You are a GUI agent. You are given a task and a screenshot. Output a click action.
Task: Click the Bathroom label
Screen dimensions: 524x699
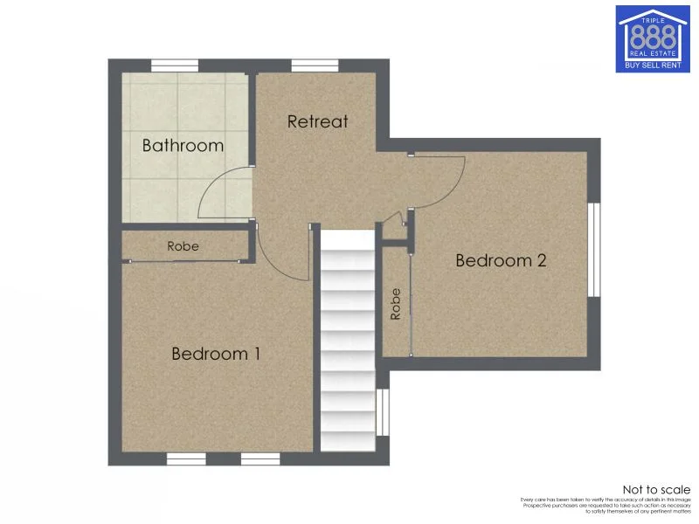click(x=183, y=145)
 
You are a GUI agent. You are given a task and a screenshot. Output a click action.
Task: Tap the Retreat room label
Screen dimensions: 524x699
click(x=317, y=121)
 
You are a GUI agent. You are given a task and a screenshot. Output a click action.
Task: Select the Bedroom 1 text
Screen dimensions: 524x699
click(x=216, y=354)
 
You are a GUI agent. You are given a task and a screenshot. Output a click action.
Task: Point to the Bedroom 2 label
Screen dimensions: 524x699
click(x=501, y=260)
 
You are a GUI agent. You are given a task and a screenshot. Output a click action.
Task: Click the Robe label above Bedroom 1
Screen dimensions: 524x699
click(x=183, y=246)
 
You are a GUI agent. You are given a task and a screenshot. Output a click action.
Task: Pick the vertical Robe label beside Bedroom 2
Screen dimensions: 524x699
click(x=396, y=303)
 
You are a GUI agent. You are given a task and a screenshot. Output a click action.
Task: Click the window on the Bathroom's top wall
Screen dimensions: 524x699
click(x=174, y=65)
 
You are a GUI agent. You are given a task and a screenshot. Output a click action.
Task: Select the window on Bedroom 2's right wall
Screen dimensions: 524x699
click(x=594, y=251)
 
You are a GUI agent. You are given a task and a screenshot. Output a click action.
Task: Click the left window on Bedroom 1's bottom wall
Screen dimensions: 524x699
click(x=185, y=458)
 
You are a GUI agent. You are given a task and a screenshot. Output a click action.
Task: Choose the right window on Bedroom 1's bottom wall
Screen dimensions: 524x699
click(x=260, y=458)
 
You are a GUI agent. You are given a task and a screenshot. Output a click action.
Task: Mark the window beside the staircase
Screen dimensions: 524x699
click(x=382, y=412)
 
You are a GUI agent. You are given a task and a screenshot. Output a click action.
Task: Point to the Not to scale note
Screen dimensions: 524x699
click(x=655, y=489)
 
